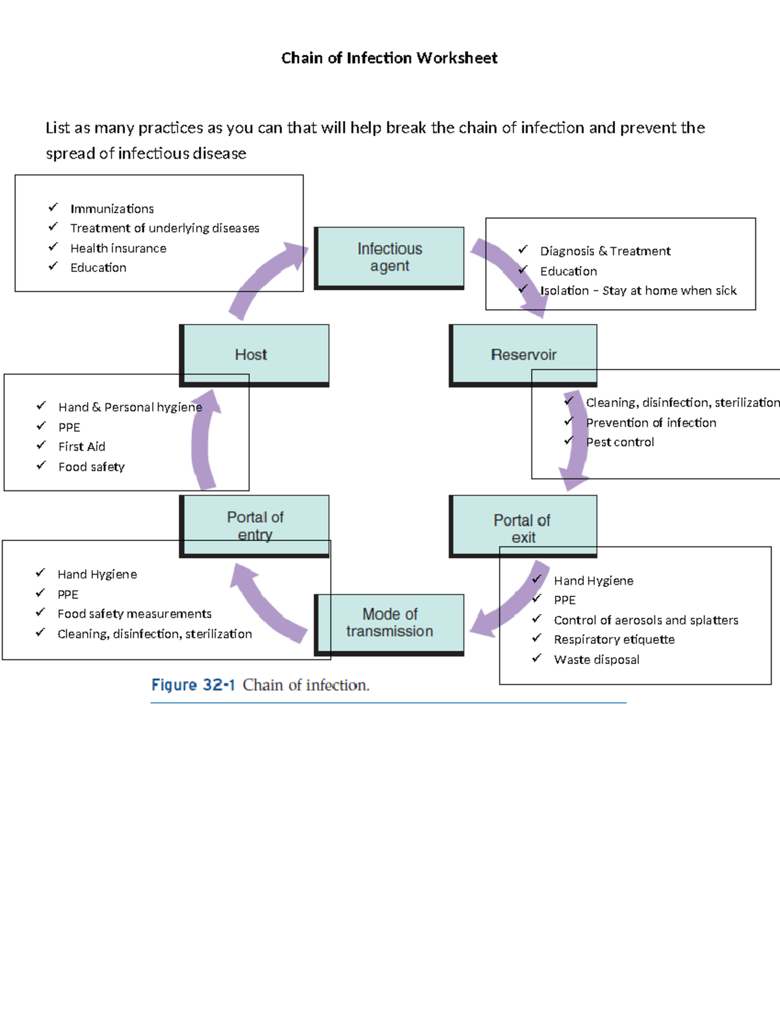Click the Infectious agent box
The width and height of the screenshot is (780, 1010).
pyautogui.click(x=389, y=258)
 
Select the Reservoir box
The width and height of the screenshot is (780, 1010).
pyautogui.click(x=523, y=354)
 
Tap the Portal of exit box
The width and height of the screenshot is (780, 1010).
pyautogui.click(x=523, y=527)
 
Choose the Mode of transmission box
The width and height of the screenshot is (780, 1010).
pyautogui.click(x=389, y=623)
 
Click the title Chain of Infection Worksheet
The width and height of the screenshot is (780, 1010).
pyautogui.click(x=389, y=58)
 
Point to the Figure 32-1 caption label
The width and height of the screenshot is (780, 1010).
pyautogui.click(x=193, y=685)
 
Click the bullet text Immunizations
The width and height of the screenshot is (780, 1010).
pyautogui.click(x=112, y=209)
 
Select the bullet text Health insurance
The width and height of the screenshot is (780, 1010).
pyautogui.click(x=118, y=248)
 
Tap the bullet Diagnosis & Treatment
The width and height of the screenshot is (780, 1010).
pyautogui.click(x=605, y=251)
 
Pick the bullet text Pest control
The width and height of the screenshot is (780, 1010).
pyautogui.click(x=620, y=442)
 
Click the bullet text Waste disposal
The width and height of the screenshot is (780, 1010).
pyautogui.click(x=597, y=659)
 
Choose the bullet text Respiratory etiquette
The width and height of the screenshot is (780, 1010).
pyautogui.click(x=614, y=639)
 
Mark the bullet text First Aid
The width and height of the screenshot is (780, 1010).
pyautogui.click(x=82, y=447)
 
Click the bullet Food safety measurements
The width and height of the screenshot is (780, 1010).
pyautogui.click(x=135, y=614)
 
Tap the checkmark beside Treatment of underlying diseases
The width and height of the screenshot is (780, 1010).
pyautogui.click(x=53, y=227)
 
